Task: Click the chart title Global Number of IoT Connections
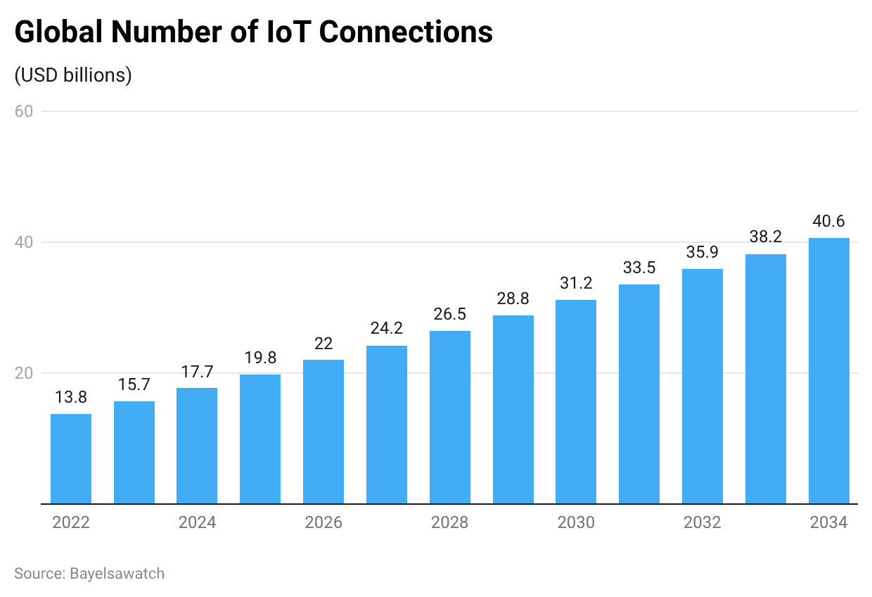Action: point(253,32)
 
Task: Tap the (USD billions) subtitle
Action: point(73,75)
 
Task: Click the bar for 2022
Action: point(71,459)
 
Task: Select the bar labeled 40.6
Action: point(828,371)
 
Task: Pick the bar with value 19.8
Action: point(260,439)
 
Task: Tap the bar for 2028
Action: point(450,417)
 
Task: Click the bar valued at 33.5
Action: point(639,394)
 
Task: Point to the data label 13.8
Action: point(71,398)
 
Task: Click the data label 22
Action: point(323,344)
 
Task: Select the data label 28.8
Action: point(513,299)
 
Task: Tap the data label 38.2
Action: point(766,237)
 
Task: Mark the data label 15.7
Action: point(134,385)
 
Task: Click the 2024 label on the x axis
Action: point(197,523)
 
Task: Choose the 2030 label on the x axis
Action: point(576,523)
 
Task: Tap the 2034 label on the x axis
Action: point(828,523)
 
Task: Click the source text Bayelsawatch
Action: point(89,574)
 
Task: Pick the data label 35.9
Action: point(703,253)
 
